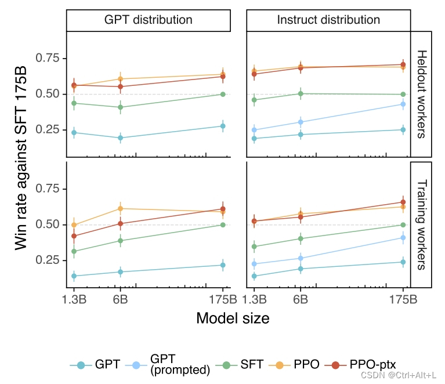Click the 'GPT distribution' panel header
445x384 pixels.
click(149, 20)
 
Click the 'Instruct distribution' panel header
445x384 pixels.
click(328, 20)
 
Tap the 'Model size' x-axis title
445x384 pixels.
click(233, 318)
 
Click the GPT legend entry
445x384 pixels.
click(95, 365)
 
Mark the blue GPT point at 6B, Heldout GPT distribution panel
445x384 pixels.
click(120, 138)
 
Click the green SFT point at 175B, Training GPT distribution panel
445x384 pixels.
click(223, 224)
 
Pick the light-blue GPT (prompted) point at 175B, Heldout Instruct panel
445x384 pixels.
click(403, 104)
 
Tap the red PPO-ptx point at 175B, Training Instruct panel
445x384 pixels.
click(403, 202)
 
